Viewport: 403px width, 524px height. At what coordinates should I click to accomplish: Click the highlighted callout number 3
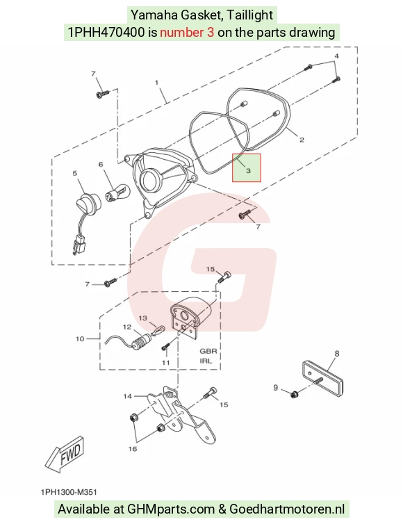[x=248, y=171]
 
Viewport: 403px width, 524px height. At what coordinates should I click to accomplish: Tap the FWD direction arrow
[x=65, y=454]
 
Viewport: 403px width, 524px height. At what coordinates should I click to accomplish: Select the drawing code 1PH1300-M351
[x=69, y=492]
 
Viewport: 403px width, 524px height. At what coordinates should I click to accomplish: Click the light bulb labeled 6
[x=117, y=193]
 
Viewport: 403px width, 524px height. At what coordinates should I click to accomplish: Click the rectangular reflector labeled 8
[x=324, y=378]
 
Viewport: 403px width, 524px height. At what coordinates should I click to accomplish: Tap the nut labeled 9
[x=294, y=394]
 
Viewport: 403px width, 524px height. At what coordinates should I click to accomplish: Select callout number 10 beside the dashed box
[x=80, y=339]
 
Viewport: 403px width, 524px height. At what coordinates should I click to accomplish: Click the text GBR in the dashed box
[x=208, y=351]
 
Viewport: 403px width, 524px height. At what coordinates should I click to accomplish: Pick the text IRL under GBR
[x=206, y=361]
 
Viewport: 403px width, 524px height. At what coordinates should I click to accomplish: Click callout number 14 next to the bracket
[x=127, y=396]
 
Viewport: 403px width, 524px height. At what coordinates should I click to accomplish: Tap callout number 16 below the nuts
[x=133, y=449]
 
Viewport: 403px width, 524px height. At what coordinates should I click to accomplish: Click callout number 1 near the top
[x=157, y=82]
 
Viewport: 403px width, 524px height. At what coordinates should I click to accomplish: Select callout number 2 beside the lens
[x=302, y=140]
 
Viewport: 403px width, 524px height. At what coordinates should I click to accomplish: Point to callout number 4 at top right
[x=336, y=56]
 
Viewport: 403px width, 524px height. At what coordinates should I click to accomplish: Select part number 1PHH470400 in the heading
[x=106, y=33]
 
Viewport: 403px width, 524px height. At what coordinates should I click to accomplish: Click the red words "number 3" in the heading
[x=187, y=33]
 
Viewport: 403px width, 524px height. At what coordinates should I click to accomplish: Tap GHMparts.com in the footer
[x=171, y=509]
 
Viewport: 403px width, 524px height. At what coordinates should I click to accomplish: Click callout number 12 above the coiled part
[x=127, y=327]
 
